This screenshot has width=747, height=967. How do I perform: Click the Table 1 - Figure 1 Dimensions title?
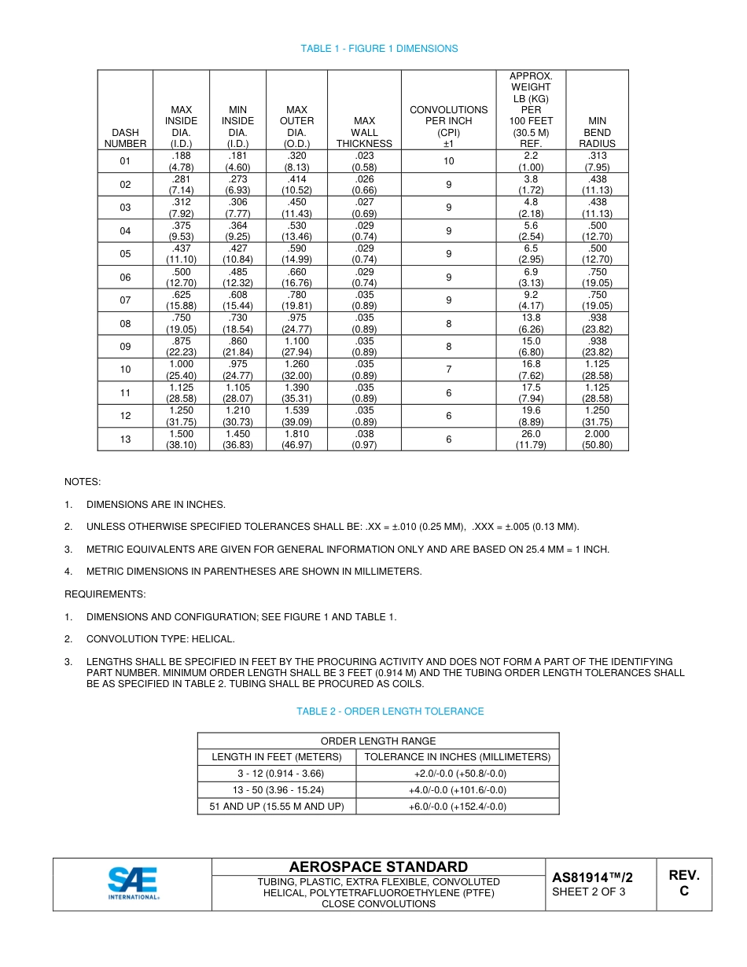[x=379, y=49]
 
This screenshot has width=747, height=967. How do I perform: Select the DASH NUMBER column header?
[x=125, y=138]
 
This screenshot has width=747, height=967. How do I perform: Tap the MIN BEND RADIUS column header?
[x=597, y=132]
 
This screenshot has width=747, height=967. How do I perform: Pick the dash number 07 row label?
[x=125, y=300]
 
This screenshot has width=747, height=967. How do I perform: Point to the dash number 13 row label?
[x=125, y=439]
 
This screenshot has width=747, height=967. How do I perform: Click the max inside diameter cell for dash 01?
[x=181, y=161]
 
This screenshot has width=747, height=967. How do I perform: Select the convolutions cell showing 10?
[x=448, y=161]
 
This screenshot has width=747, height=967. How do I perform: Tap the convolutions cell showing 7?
[x=448, y=370]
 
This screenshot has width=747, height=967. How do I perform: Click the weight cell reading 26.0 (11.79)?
[x=531, y=439]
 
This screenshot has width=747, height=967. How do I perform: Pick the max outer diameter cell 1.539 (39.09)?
[x=296, y=416]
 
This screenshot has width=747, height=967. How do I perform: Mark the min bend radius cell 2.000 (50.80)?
[x=597, y=439]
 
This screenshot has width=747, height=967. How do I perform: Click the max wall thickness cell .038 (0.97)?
[x=364, y=439]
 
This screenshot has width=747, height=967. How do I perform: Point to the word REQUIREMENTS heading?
[x=105, y=594]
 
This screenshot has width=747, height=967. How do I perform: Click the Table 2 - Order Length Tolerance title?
[x=390, y=711]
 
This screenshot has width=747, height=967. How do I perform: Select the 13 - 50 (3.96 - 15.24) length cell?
[x=277, y=790]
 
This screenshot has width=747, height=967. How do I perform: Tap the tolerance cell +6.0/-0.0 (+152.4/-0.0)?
[x=458, y=807]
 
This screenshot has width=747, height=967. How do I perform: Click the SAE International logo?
[x=133, y=884]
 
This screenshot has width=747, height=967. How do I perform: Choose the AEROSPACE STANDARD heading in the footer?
[x=378, y=867]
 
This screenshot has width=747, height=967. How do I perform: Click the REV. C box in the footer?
[x=683, y=884]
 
